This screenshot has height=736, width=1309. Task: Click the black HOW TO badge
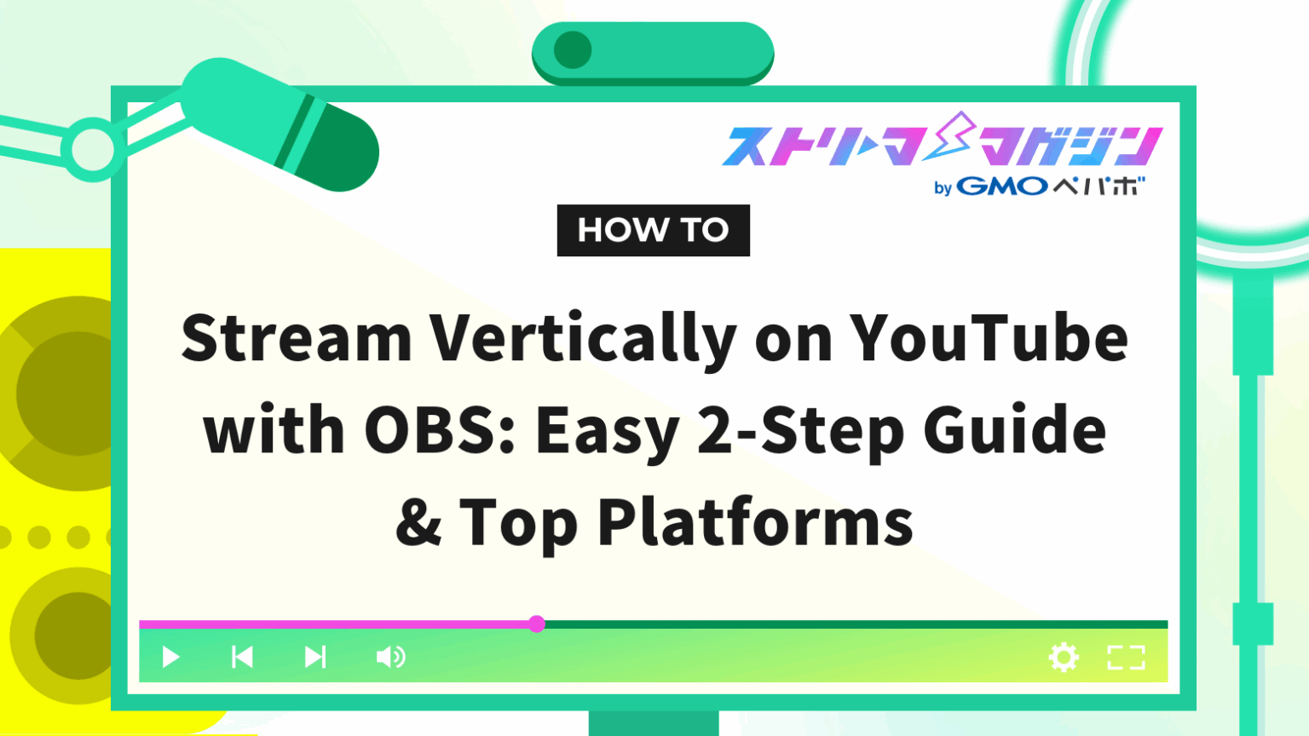coord(653,230)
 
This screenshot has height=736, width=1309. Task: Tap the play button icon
coord(170,657)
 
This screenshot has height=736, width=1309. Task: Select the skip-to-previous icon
coord(242,657)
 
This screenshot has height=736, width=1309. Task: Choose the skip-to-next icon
coord(315,657)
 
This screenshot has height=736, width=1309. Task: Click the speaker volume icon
coord(390,657)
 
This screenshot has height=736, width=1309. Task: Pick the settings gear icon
coord(1064,657)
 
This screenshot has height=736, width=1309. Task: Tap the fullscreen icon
coord(1126,657)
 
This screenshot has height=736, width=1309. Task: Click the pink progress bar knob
coord(536,624)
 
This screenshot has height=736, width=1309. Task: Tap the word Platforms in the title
coord(755,522)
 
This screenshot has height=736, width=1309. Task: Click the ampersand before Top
coord(418,522)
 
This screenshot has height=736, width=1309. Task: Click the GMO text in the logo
coord(1002,187)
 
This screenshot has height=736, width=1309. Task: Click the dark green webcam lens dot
coord(573,50)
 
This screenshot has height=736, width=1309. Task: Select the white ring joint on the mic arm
coord(92,150)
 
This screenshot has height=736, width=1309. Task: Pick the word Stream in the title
coord(297,338)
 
